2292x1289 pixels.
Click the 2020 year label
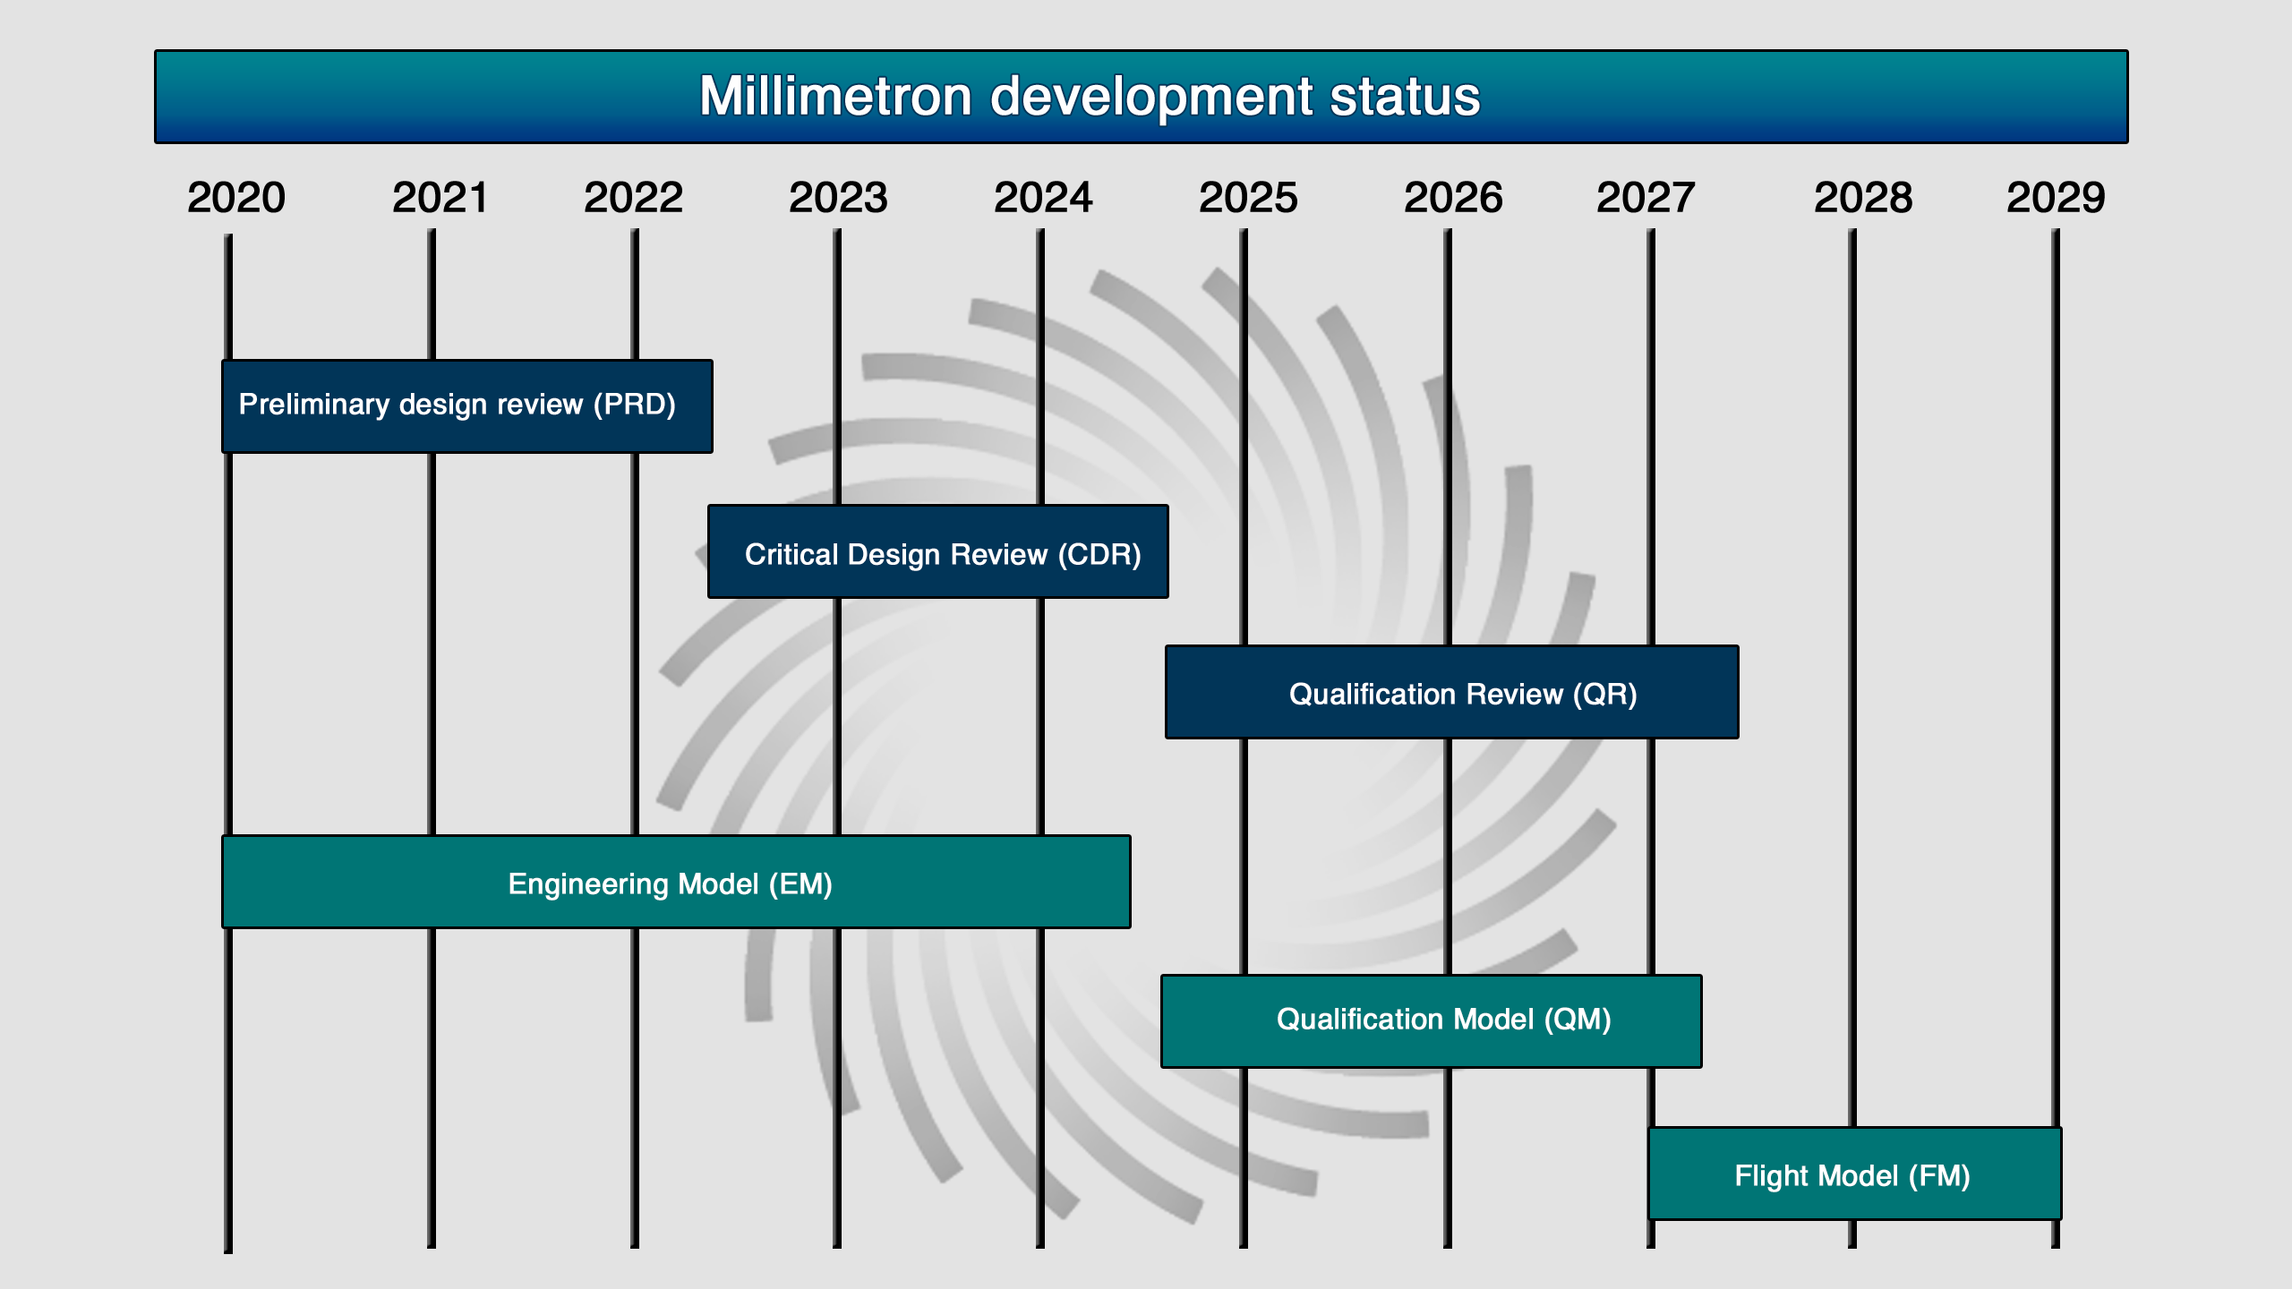tap(236, 198)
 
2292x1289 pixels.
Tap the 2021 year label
tap(440, 198)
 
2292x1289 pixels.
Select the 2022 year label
tap(634, 198)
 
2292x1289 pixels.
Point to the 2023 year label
tap(838, 198)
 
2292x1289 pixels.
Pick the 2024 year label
tap(1043, 198)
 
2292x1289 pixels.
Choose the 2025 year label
tap(1248, 198)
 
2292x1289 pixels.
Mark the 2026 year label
tap(1453, 198)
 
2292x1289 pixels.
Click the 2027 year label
tap(1646, 198)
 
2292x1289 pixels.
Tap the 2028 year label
tap(1863, 198)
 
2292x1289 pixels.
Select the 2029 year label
tap(2056, 198)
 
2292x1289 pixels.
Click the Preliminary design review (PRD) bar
tap(467, 406)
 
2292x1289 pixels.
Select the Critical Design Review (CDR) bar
tap(938, 551)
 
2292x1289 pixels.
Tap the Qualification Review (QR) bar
tap(1452, 692)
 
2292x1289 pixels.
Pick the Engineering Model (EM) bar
tap(676, 882)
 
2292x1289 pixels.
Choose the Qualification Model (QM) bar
tap(1432, 1021)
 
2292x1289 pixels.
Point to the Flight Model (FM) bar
tap(1855, 1174)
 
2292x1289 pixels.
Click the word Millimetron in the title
tap(835, 96)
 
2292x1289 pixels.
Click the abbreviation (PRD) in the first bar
tap(635, 405)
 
